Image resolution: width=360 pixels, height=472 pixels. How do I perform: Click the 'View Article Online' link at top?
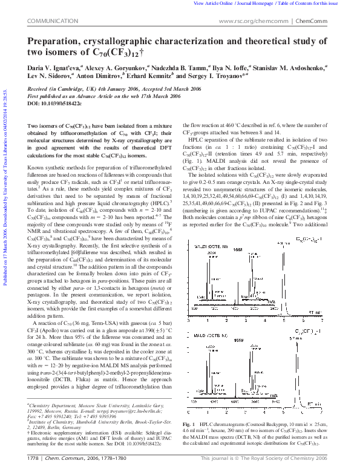(213, 3)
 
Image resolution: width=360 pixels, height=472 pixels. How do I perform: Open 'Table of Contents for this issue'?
(313, 3)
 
